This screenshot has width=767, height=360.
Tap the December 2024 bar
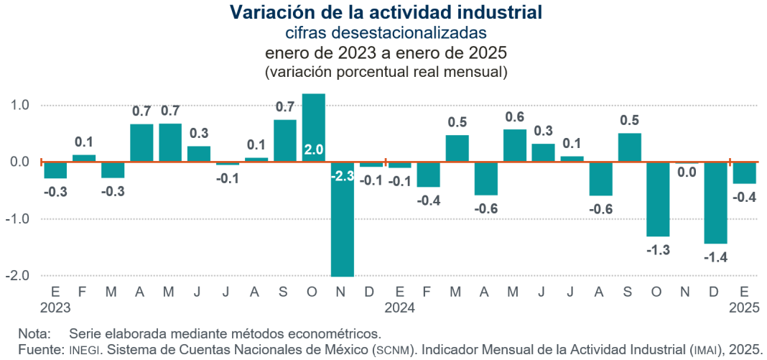[715, 203]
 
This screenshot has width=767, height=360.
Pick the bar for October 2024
[658, 199]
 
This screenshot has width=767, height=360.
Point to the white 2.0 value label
[314, 150]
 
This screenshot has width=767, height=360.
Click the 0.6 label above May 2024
[515, 116]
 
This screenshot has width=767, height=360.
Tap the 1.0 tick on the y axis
[20, 105]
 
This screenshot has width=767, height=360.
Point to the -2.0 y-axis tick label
[18, 276]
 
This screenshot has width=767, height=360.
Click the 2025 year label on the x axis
[745, 307]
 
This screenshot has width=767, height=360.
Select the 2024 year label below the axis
[400, 307]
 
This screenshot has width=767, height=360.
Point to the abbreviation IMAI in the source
[703, 349]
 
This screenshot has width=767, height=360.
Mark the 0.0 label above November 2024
[687, 172]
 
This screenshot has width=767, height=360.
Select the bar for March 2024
[457, 148]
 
